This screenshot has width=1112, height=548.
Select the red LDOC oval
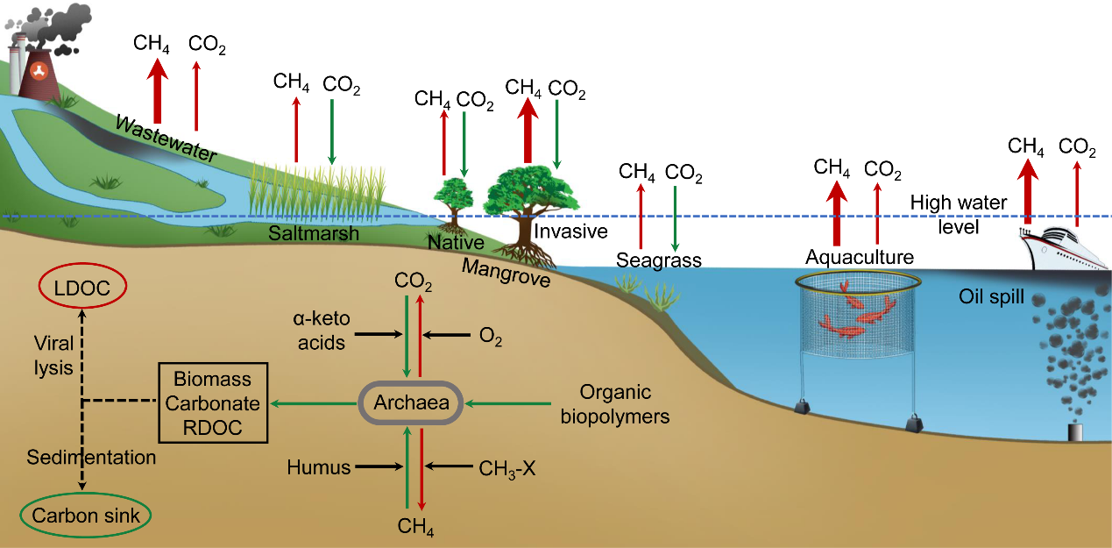click(x=83, y=287)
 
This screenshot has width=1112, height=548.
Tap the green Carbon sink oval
click(x=85, y=516)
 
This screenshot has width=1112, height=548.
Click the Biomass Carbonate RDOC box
click(x=211, y=403)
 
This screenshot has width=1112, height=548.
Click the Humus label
click(x=318, y=468)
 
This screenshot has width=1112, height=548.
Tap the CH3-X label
click(x=507, y=468)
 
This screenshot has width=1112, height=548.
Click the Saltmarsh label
click(x=301, y=234)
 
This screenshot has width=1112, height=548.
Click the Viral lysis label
click(x=53, y=354)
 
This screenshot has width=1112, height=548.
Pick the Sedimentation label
click(x=91, y=457)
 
